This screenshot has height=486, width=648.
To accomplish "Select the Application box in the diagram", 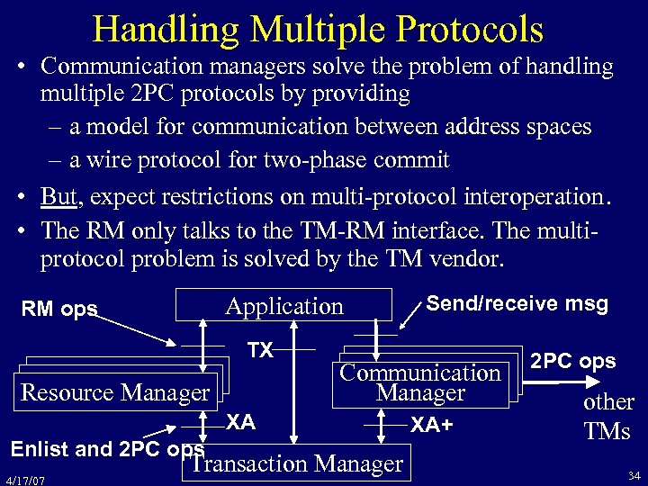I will (x=284, y=306).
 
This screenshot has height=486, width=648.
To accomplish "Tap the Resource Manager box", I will (x=114, y=392).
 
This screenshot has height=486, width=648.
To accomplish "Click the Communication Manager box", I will (x=420, y=382).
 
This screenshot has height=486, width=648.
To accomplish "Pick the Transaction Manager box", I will (x=297, y=464).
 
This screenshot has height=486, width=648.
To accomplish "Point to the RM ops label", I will (x=61, y=310).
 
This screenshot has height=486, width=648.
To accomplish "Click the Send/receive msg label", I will (x=517, y=304).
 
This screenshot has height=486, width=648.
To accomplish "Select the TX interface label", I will (x=260, y=350).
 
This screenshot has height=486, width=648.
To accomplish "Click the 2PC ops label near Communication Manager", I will (x=572, y=362).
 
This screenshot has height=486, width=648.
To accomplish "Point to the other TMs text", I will (x=607, y=416).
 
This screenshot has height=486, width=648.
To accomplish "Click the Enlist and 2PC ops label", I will (x=106, y=447).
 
